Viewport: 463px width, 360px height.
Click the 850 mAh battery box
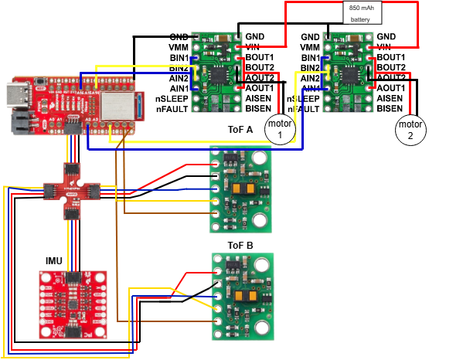[364, 12]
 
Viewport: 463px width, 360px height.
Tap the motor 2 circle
[410, 130]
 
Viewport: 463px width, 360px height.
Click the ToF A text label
[240, 129]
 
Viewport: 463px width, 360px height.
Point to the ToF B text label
[240, 246]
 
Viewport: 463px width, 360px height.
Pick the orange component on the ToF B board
[248, 296]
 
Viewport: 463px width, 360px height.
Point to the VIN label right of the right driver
[386, 47]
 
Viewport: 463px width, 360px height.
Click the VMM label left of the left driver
[179, 47]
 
